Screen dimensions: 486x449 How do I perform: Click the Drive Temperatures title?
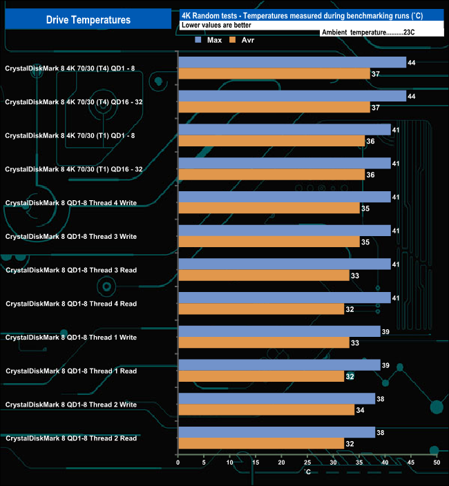click(88, 20)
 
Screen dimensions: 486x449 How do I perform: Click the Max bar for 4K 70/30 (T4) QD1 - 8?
click(292, 62)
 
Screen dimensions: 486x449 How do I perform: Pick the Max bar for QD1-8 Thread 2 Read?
click(276, 432)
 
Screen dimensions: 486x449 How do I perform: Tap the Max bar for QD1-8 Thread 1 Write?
click(279, 331)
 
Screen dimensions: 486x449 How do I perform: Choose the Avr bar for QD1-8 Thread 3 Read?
click(263, 275)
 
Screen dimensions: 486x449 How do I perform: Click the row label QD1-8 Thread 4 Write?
click(71, 203)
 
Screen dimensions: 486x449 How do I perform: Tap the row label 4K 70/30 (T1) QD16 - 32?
click(74, 169)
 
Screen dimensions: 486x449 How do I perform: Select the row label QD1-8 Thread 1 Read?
click(71, 371)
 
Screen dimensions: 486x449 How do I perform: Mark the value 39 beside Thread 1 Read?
click(385, 365)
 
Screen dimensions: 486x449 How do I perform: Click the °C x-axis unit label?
click(307, 472)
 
